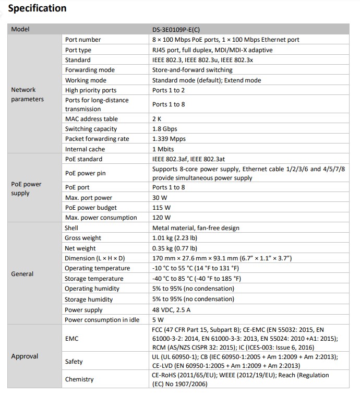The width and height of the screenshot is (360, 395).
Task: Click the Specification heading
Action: click(38, 8)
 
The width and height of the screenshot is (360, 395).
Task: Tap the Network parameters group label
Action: click(27, 94)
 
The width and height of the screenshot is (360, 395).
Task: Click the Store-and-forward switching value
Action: click(192, 70)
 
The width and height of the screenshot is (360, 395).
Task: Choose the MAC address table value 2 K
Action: click(157, 119)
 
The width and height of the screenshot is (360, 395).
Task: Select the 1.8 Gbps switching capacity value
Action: click(164, 129)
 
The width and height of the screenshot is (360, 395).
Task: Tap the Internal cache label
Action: click(85, 149)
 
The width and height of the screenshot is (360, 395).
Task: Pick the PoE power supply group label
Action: click(26, 188)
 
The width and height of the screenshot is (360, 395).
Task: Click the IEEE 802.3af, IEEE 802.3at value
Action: click(190, 159)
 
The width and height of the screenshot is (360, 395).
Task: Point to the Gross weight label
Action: click(83, 238)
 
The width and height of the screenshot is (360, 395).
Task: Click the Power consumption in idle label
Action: click(102, 320)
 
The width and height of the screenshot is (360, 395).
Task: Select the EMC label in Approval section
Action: click(72, 339)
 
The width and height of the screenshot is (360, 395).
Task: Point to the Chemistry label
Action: click(79, 379)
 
